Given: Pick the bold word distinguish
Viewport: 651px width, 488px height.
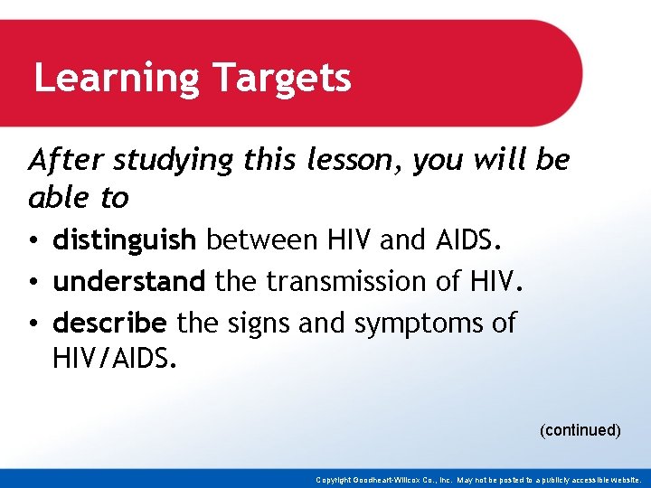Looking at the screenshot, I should pyautogui.click(x=124, y=241).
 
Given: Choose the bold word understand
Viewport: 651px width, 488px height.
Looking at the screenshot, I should pyautogui.click(x=129, y=282).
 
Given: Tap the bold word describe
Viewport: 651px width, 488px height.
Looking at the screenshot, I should pyautogui.click(x=110, y=323).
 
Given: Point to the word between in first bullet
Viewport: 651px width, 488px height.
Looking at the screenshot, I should pyautogui.click(x=261, y=240).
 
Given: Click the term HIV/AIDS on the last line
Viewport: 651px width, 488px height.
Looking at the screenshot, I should pyautogui.click(x=116, y=361).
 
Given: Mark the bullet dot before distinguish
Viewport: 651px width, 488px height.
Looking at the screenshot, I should pyautogui.click(x=33, y=242).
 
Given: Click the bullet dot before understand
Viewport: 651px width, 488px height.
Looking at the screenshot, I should pyautogui.click(x=33, y=283).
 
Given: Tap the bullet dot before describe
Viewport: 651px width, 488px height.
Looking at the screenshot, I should pyautogui.click(x=33, y=324).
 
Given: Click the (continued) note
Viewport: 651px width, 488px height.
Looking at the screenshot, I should pyautogui.click(x=580, y=430).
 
